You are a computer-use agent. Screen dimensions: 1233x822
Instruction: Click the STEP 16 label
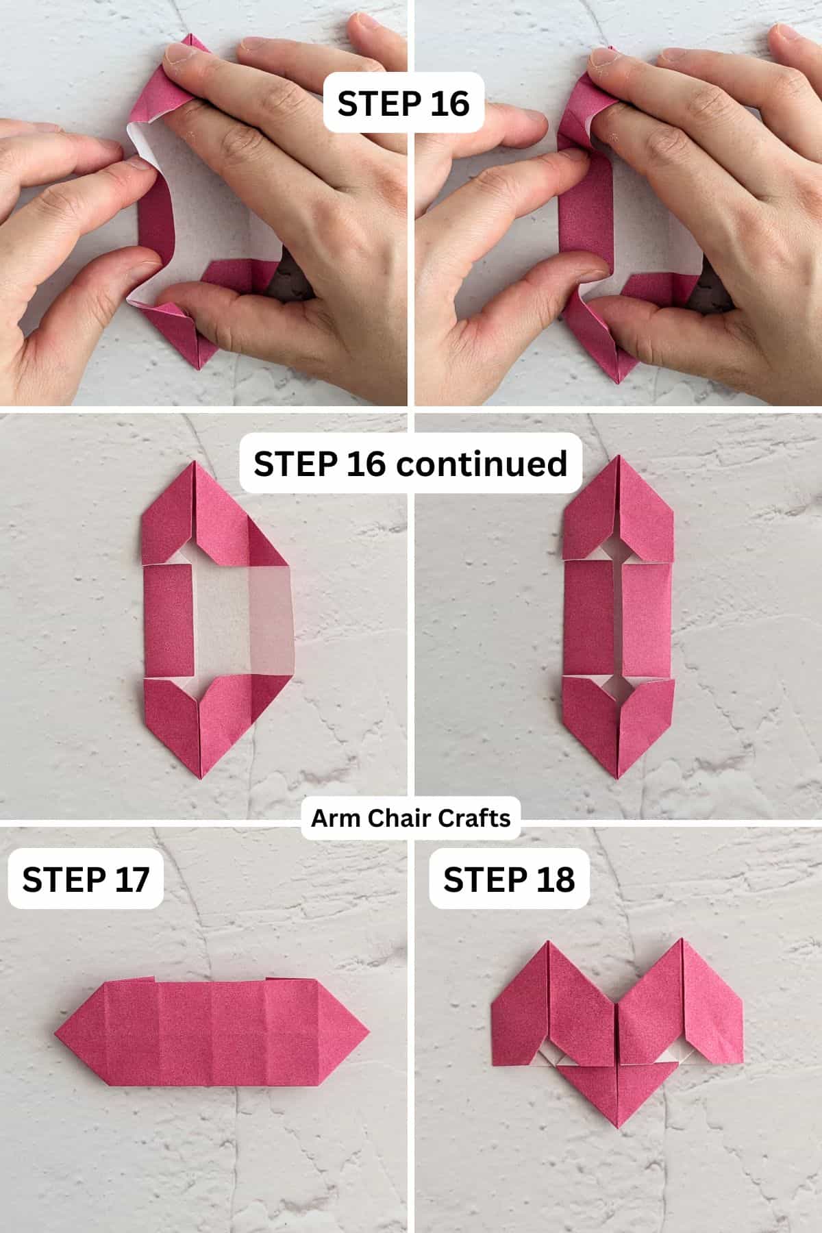pos(403,103)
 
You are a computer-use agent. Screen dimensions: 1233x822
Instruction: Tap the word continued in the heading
pos(481,464)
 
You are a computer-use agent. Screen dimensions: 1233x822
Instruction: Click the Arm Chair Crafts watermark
pos(410,817)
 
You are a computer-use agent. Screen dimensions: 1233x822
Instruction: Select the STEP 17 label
pos(86,880)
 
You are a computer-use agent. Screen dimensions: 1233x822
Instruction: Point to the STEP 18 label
pos(508,880)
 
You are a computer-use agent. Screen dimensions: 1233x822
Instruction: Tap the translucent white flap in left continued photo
pos(269,621)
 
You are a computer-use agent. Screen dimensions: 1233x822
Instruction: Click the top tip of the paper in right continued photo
pos(619,457)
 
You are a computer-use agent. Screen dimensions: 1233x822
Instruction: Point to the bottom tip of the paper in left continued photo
pos(203,778)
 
